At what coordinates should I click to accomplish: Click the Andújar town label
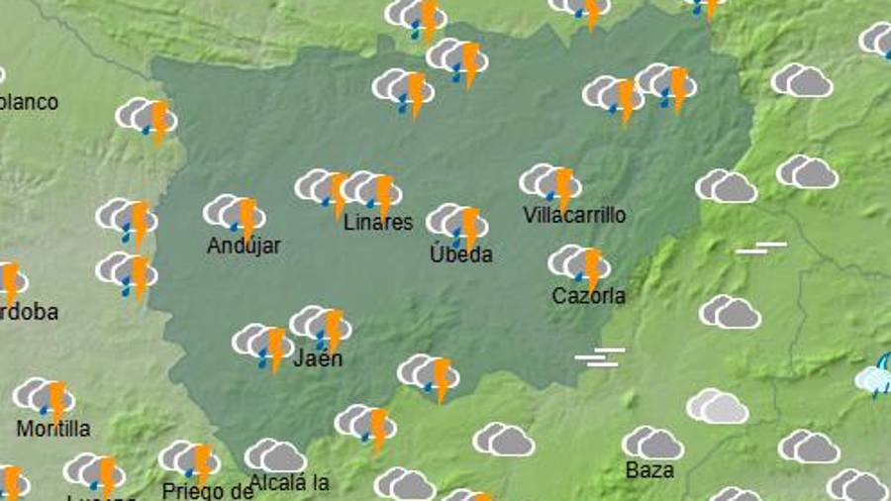coord(244,247)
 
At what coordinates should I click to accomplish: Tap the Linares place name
coord(377,223)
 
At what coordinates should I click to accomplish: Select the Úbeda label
coord(460,254)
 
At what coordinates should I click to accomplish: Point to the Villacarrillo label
coord(574,215)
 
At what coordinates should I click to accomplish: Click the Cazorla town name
coord(588,295)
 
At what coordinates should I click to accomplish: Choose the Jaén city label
coord(318,357)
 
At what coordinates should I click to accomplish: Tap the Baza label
coord(649,469)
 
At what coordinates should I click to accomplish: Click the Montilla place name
coord(53,429)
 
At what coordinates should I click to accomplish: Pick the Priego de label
coord(208,489)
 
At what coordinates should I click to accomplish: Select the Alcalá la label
coord(289,484)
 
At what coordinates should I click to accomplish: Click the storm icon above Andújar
coord(235,214)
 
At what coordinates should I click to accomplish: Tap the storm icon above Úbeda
coord(457,224)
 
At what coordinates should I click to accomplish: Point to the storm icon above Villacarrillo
coord(550,184)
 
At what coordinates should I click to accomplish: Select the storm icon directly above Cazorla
coord(580,264)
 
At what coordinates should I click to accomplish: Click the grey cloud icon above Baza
coord(653,444)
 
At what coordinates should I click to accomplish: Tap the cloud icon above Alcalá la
coord(275,456)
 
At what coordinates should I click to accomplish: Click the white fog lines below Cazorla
coord(600,357)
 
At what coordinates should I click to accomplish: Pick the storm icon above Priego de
coord(190,460)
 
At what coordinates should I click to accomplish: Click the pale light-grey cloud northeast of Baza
coord(718,406)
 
